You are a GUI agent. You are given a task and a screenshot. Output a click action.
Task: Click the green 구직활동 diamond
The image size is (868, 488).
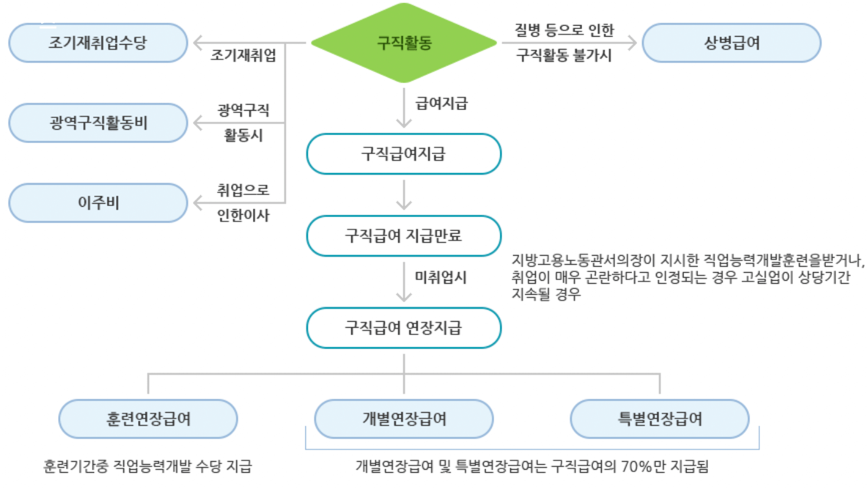[404, 43]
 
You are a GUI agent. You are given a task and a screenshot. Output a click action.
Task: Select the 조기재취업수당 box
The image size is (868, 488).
[98, 43]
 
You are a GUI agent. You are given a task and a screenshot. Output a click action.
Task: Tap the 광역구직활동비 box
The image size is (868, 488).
[98, 123]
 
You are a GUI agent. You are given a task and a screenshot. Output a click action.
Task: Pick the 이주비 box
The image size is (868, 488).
[98, 203]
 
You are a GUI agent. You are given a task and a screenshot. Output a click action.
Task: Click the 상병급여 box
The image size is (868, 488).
[731, 43]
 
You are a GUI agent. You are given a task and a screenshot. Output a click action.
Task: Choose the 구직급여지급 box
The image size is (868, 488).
[403, 153]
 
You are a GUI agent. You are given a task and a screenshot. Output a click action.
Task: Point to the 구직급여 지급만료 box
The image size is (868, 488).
[403, 235]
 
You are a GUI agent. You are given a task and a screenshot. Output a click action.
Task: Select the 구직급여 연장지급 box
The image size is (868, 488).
[403, 328]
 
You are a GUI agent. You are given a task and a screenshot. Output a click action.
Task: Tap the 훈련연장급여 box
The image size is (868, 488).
[148, 419]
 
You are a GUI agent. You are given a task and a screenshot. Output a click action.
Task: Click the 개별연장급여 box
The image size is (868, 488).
[403, 419]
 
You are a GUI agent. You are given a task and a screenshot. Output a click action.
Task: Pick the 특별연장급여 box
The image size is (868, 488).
[659, 419]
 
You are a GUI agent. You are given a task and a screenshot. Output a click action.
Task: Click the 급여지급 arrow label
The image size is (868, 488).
[442, 103]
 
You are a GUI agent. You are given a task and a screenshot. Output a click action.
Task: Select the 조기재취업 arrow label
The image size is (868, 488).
[243, 57]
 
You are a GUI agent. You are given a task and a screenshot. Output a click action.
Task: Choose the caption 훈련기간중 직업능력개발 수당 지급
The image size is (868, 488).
[147, 467]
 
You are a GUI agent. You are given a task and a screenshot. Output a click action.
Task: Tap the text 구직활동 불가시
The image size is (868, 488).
[564, 56]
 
